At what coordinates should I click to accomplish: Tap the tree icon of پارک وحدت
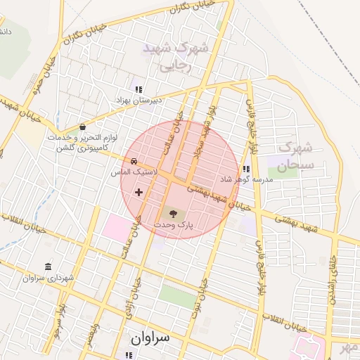coord(173,212)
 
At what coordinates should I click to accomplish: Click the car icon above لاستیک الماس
coord(134,161)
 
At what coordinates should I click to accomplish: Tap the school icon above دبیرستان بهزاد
coord(139,89)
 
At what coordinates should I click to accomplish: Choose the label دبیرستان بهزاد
coord(139,101)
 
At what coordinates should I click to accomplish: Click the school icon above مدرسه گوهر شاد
coord(245,169)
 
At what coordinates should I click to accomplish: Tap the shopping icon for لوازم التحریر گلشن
coord(84,127)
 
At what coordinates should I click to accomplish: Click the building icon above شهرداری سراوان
coord(48,266)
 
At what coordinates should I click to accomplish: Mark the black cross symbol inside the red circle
coord(139,192)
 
